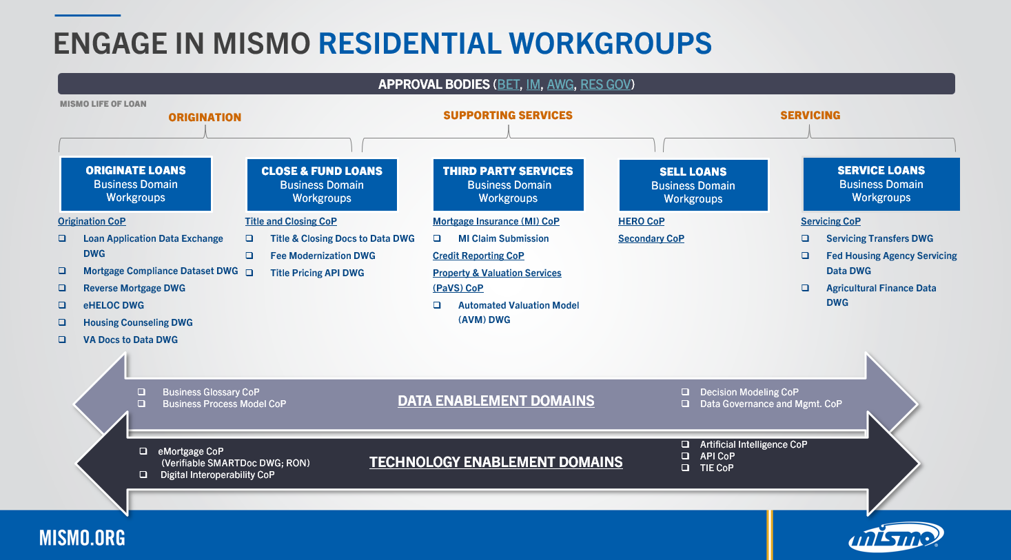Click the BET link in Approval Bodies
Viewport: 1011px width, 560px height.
pyautogui.click(x=508, y=85)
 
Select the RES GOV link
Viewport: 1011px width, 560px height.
pyautogui.click(x=605, y=85)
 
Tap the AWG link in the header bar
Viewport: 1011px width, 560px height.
pyautogui.click(x=560, y=85)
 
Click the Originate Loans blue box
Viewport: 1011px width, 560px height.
pyautogui.click(x=136, y=184)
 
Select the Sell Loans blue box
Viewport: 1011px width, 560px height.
pyautogui.click(x=693, y=185)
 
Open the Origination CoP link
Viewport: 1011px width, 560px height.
pyautogui.click(x=92, y=221)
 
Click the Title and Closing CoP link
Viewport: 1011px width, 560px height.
pyautogui.click(x=291, y=221)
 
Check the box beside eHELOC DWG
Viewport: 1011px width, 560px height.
pyautogui.click(x=62, y=305)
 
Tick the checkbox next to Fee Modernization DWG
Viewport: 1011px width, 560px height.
pyautogui.click(x=249, y=256)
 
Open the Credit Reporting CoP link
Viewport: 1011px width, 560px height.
pyautogui.click(x=478, y=256)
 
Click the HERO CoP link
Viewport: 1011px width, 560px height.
pyautogui.click(x=641, y=221)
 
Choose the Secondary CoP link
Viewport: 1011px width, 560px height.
pyautogui.click(x=651, y=238)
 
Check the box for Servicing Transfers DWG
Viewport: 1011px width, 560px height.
pyautogui.click(x=805, y=238)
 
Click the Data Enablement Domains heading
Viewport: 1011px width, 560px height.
pyautogui.click(x=496, y=401)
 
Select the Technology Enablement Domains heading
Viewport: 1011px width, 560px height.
pyautogui.click(x=496, y=462)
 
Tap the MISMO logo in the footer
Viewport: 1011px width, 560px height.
pyautogui.click(x=895, y=537)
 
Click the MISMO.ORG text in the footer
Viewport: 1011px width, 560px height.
pyautogui.click(x=82, y=538)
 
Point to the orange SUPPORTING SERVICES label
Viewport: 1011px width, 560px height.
pyautogui.click(x=507, y=116)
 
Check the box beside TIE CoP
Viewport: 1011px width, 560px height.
pyautogui.click(x=685, y=468)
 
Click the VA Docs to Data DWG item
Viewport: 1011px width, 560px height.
pyautogui.click(x=130, y=340)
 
